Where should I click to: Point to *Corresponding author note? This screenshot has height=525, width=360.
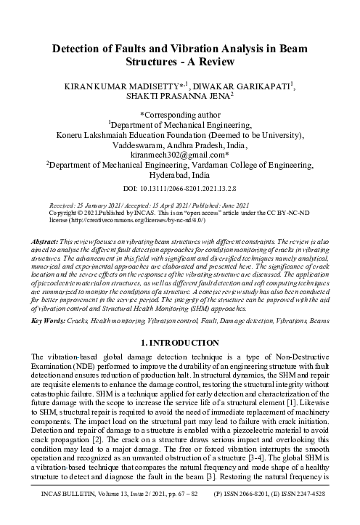coord(180,114)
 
